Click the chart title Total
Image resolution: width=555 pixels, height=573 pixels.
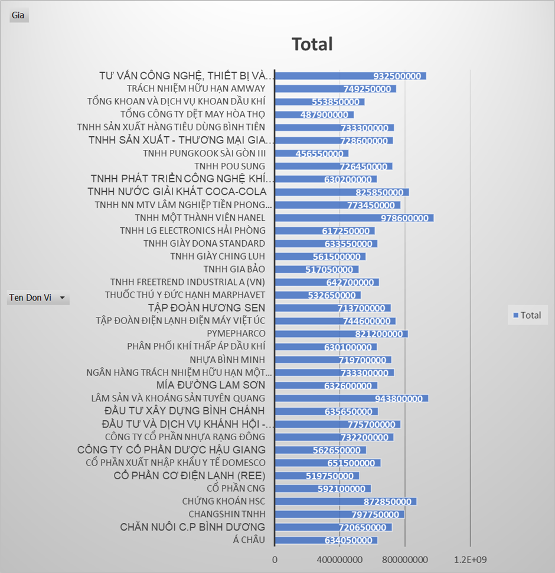point(312,44)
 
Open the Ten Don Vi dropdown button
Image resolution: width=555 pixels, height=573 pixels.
point(62,298)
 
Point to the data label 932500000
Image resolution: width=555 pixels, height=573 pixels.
point(397,76)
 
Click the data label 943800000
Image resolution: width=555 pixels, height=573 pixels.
point(399,398)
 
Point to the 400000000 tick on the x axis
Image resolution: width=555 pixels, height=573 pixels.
point(339,559)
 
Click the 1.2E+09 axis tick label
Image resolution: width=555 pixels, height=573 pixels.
point(471,559)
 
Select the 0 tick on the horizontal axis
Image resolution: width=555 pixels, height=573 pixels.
point(275,559)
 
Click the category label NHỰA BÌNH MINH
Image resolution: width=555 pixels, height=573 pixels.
point(227,360)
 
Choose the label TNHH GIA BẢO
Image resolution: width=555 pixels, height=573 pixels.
point(234,270)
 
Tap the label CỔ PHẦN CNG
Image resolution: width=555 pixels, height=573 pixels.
point(236,489)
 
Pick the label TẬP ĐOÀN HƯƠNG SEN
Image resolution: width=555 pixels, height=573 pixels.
point(207,308)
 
